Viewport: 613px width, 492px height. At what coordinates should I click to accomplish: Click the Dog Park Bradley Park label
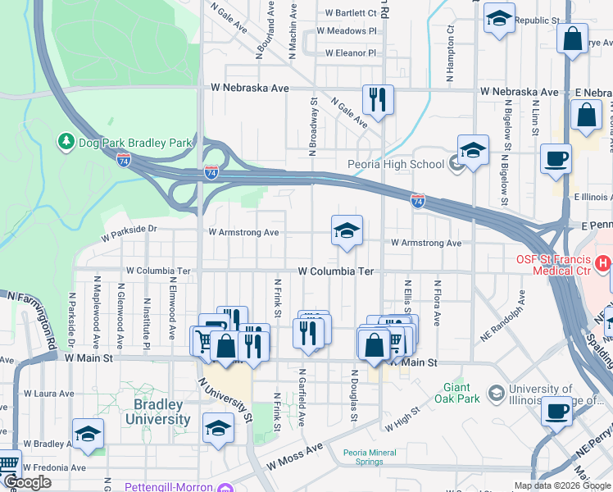tap(135, 143)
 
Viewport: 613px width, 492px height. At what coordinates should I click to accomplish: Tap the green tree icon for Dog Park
tap(66, 142)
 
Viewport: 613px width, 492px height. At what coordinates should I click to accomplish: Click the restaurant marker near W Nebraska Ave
tap(378, 100)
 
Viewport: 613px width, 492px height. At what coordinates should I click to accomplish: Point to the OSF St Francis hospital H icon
tap(603, 263)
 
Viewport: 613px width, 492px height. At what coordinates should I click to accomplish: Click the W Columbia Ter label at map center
tap(336, 271)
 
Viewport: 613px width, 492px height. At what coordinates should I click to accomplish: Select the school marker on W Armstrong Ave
tap(347, 231)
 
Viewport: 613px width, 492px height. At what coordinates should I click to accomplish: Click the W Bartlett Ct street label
tap(351, 13)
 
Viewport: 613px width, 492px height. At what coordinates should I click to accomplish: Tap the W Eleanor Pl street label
tap(350, 53)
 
